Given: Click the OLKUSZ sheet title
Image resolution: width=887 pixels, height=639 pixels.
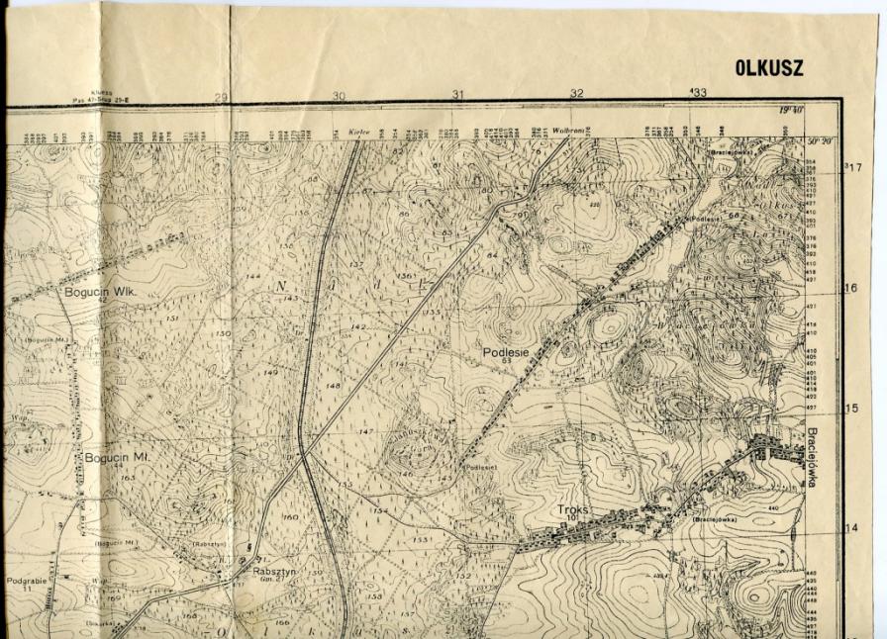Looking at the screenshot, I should [x=769, y=68].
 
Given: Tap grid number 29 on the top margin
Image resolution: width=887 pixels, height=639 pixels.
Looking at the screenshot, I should [x=221, y=97].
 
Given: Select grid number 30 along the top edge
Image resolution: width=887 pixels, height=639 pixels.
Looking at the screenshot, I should [x=339, y=96].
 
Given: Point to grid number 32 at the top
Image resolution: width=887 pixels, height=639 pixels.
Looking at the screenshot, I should [x=576, y=94].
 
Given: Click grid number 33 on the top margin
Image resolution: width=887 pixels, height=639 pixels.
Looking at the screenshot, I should [x=699, y=93].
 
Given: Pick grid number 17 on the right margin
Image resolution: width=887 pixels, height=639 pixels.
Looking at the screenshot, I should [x=857, y=167].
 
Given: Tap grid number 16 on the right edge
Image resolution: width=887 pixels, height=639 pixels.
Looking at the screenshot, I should [x=850, y=289].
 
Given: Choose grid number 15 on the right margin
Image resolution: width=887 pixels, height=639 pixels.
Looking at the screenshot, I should [x=850, y=409].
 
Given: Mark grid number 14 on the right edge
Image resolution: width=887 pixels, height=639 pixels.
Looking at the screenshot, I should [x=850, y=528].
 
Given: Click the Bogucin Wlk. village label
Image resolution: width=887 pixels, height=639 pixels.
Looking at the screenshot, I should [x=98, y=293].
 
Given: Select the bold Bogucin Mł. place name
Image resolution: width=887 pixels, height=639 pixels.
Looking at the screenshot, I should [x=116, y=458].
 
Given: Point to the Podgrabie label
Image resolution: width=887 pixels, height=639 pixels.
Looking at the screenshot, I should [x=27, y=581].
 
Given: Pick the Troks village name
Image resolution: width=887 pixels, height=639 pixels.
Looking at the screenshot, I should [x=572, y=509].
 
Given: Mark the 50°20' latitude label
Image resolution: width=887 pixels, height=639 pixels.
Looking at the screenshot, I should [x=822, y=141].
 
